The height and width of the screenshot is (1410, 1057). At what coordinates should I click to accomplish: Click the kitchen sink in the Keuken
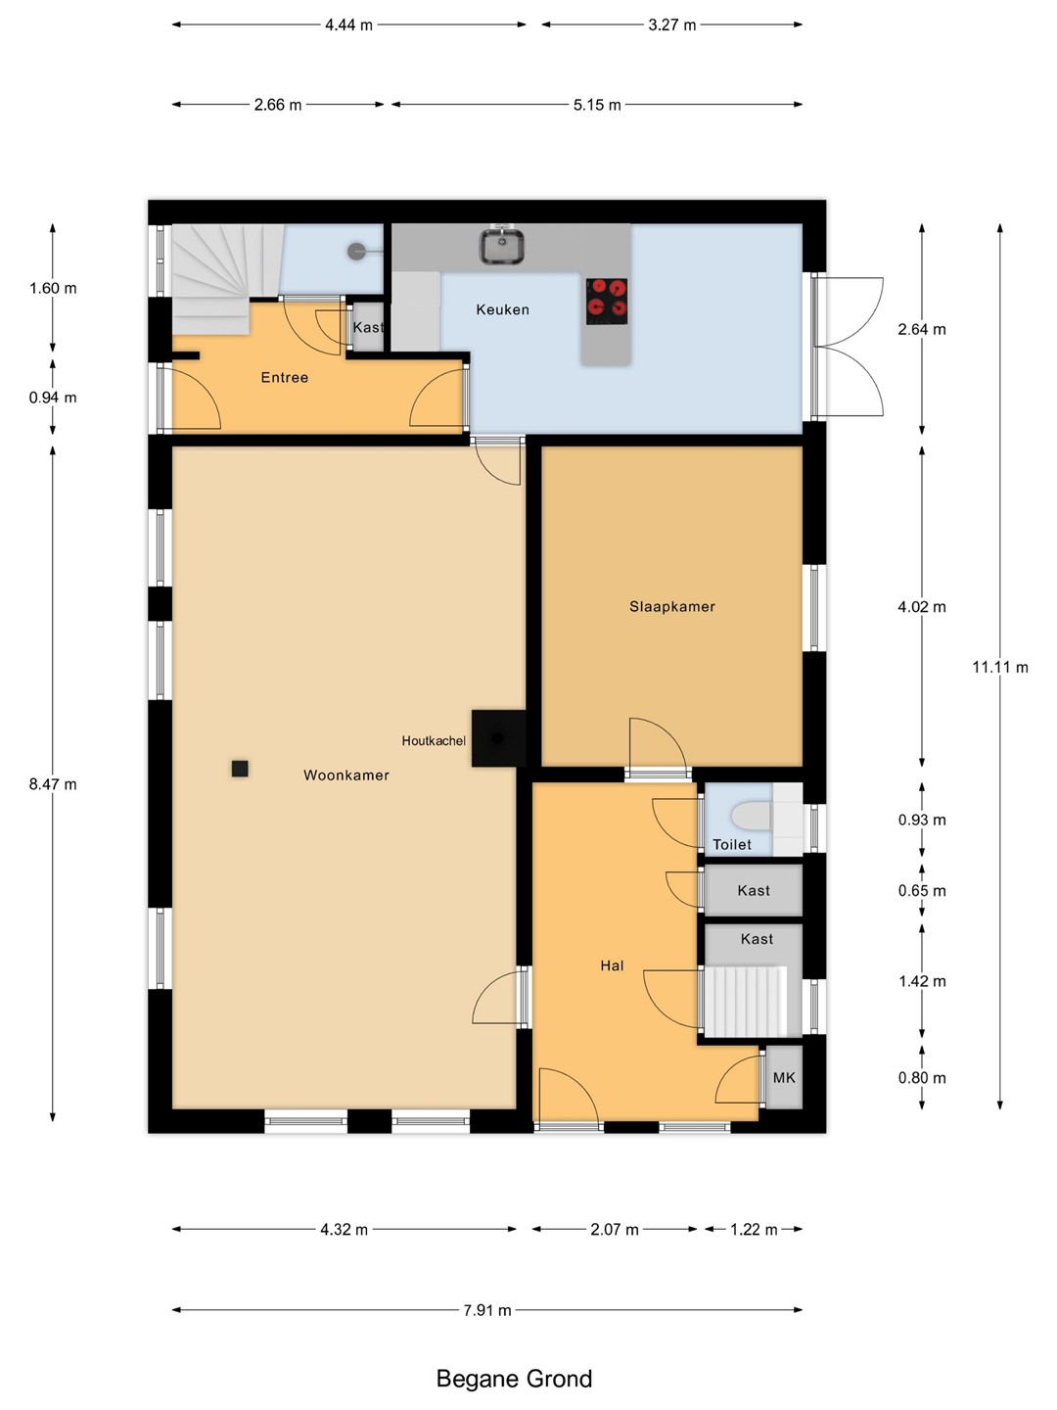click(502, 247)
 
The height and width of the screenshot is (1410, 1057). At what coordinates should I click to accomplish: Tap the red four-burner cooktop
click(607, 302)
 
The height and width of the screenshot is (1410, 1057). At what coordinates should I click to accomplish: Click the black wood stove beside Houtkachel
click(499, 738)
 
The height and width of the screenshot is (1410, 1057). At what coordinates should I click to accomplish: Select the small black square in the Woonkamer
click(240, 769)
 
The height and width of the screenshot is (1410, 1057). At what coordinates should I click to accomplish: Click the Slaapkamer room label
click(672, 606)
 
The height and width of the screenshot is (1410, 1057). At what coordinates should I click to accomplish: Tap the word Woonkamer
click(346, 775)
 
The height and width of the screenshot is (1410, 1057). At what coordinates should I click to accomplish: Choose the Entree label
click(284, 378)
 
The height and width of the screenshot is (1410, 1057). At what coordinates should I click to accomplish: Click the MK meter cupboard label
click(784, 1078)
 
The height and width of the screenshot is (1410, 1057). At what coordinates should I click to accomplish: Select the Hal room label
click(613, 965)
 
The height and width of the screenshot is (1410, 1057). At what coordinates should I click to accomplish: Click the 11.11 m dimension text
click(1000, 668)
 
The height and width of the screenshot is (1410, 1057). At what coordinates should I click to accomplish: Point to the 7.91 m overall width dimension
click(487, 1310)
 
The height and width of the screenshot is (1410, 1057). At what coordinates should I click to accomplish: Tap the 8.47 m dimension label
click(53, 784)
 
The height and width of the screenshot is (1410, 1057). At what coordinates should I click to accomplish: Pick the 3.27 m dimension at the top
click(672, 25)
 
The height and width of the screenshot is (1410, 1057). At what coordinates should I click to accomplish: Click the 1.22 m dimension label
click(754, 1230)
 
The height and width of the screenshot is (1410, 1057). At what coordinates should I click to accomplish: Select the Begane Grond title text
click(514, 1379)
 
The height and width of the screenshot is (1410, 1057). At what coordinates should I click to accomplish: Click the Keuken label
click(502, 309)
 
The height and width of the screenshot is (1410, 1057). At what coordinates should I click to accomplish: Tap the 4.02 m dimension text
click(922, 607)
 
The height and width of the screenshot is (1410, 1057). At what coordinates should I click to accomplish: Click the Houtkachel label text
click(434, 740)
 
